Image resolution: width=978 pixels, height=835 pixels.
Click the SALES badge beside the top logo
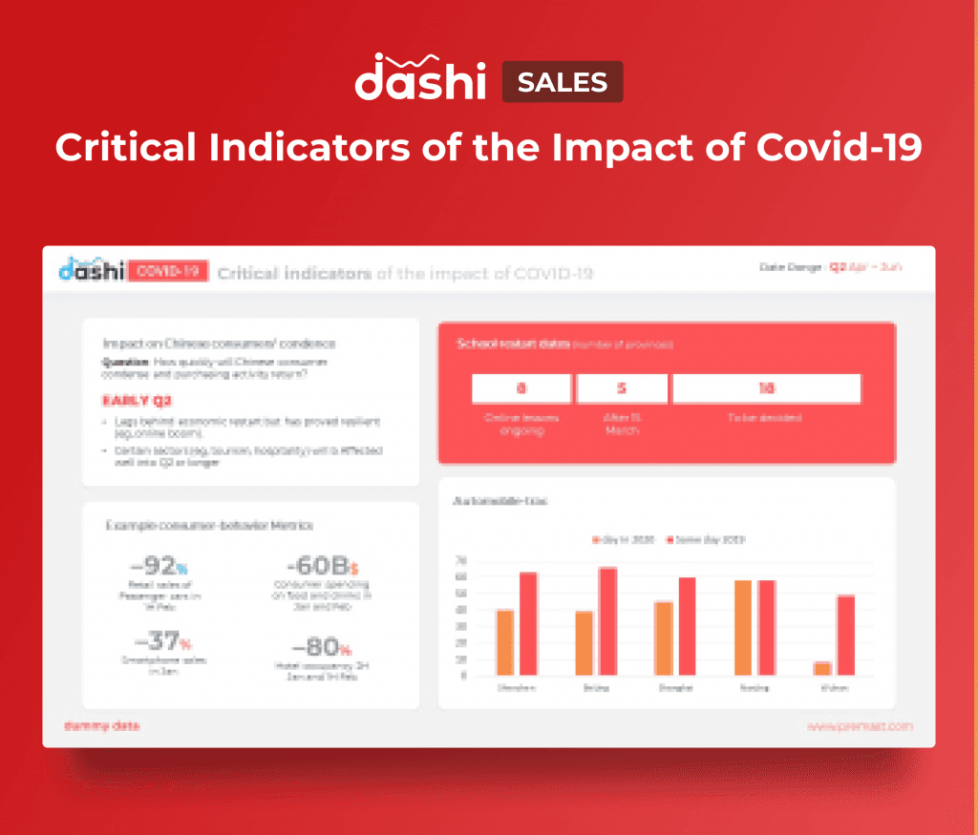pyautogui.click(x=563, y=82)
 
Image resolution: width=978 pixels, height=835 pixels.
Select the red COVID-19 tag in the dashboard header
pyautogui.click(x=168, y=272)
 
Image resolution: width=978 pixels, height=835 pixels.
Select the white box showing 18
pyautogui.click(x=766, y=388)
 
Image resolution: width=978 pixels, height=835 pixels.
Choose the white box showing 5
pyautogui.click(x=622, y=388)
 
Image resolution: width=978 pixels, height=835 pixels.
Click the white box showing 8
pyautogui.click(x=521, y=388)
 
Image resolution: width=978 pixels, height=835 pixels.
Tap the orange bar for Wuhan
pyautogui.click(x=822, y=668)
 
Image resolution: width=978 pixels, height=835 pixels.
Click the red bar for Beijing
pyautogui.click(x=607, y=621)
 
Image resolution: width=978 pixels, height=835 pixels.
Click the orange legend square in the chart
pyautogui.click(x=595, y=540)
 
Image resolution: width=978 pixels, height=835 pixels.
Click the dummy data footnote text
pyautogui.click(x=101, y=726)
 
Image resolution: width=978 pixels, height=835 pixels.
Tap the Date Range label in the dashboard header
pyautogui.click(x=792, y=268)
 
